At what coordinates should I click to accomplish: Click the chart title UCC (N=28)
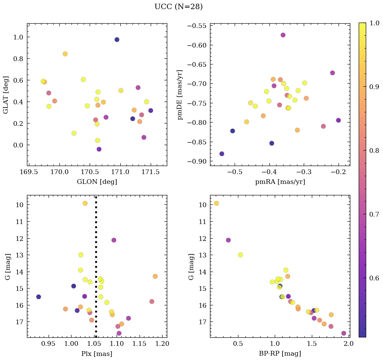pos(178,7)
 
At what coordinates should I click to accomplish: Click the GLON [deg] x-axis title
pos(97,182)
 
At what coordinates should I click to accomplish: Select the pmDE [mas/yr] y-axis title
pos(180,95)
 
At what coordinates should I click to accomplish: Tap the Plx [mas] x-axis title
pos(97,354)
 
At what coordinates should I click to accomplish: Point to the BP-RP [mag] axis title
pos(280,354)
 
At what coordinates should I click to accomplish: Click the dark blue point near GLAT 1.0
pos(117,39)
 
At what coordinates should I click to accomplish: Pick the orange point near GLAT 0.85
pos(65,54)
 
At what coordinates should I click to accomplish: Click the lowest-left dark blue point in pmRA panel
pos(222,154)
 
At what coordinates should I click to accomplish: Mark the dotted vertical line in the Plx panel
pos(96,267)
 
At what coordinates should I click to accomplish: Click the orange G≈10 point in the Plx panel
pos(85,203)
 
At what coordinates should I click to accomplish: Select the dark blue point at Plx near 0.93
pos(38,297)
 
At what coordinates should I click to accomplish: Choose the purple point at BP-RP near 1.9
pos(344,333)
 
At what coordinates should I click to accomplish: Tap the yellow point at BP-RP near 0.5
pos(240,255)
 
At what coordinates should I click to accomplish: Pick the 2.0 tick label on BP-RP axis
pos(348,344)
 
